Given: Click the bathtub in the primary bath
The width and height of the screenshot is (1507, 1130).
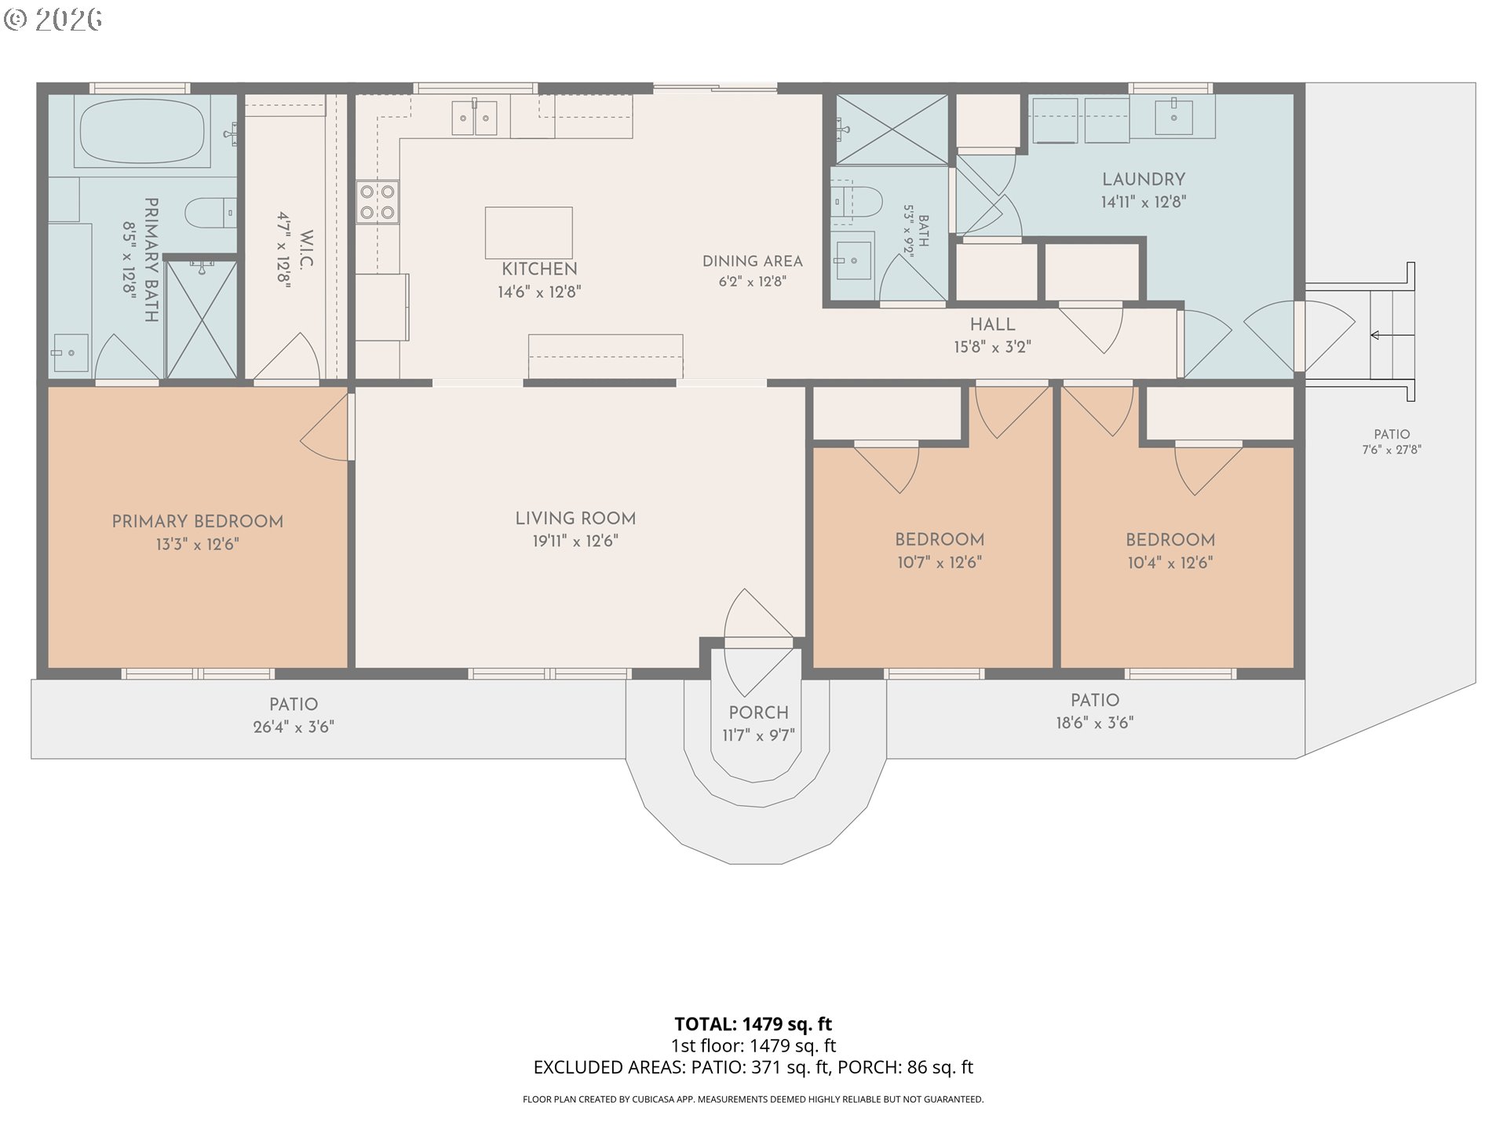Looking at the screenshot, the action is pyautogui.click(x=142, y=132).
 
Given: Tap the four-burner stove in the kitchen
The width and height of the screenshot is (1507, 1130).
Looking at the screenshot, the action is pyautogui.click(x=378, y=202).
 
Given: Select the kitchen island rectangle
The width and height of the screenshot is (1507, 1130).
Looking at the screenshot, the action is pyautogui.click(x=528, y=232).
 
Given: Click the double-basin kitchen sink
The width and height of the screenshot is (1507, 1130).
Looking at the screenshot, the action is pyautogui.click(x=474, y=118).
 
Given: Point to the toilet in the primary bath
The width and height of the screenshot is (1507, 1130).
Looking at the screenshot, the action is pyautogui.click(x=211, y=212).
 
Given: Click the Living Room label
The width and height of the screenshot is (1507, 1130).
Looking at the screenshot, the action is pyautogui.click(x=575, y=519).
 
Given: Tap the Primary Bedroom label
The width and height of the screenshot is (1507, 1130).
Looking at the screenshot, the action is pyautogui.click(x=198, y=522).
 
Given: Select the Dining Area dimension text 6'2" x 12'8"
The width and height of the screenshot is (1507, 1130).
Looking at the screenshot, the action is pyautogui.click(x=753, y=281).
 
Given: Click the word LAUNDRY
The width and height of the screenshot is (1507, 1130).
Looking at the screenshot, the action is pyautogui.click(x=1144, y=180).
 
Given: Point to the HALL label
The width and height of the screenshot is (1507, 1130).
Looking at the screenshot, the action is pyautogui.click(x=992, y=324).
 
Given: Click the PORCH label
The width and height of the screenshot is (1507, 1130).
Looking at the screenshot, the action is pyautogui.click(x=758, y=713).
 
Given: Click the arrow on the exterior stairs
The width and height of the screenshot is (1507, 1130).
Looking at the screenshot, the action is pyautogui.click(x=1392, y=336).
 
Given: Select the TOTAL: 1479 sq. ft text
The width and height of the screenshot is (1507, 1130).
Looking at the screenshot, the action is pyautogui.click(x=753, y=1024).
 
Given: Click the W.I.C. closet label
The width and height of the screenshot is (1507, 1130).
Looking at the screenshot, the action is pyautogui.click(x=306, y=250).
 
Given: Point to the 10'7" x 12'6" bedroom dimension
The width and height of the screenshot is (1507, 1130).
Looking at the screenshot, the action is pyautogui.click(x=940, y=563).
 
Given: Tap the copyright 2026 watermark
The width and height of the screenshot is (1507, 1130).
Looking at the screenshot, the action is pyautogui.click(x=53, y=19).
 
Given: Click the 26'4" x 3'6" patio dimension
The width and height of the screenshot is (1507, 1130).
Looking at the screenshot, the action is pyautogui.click(x=294, y=727).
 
